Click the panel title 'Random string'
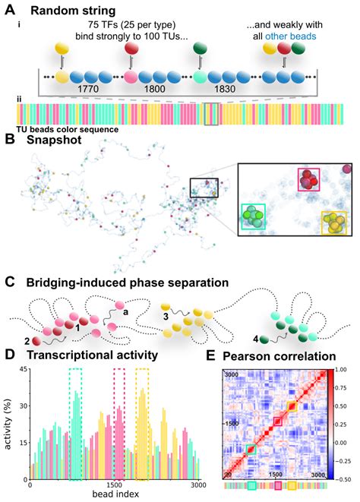(73, 11)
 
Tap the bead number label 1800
(155, 89)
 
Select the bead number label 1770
(88, 89)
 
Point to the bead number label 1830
(225, 89)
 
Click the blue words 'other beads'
(290, 36)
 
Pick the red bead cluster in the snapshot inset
(308, 180)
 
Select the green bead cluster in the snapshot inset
(254, 216)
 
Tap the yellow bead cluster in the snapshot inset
(333, 223)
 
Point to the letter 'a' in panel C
(126, 311)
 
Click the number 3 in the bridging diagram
(166, 317)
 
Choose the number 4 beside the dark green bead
(256, 339)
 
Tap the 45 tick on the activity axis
(24, 369)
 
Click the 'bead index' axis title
(115, 494)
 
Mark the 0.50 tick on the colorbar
(343, 406)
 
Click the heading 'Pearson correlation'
(279, 356)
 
